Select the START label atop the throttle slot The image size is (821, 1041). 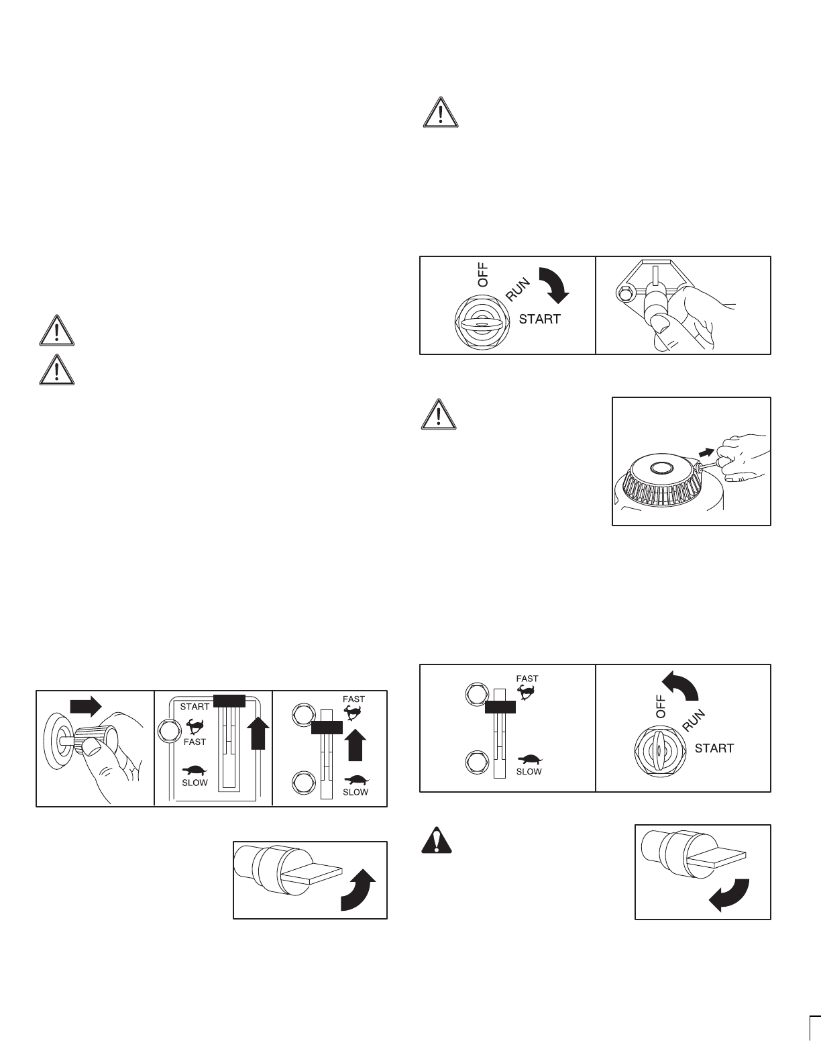click(x=195, y=707)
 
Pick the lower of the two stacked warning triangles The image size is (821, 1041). click(x=56, y=368)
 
